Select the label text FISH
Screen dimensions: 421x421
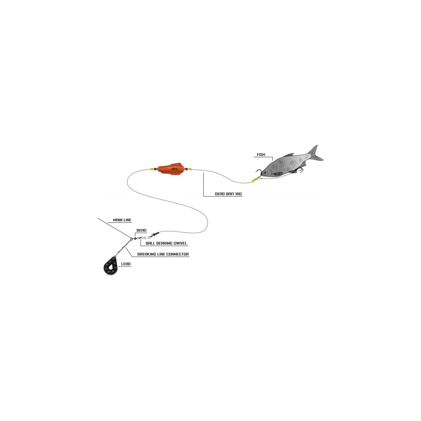(261, 154)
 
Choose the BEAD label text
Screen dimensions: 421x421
(141, 230)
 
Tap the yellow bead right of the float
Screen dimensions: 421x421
(190, 170)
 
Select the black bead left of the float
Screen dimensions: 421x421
(155, 169)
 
